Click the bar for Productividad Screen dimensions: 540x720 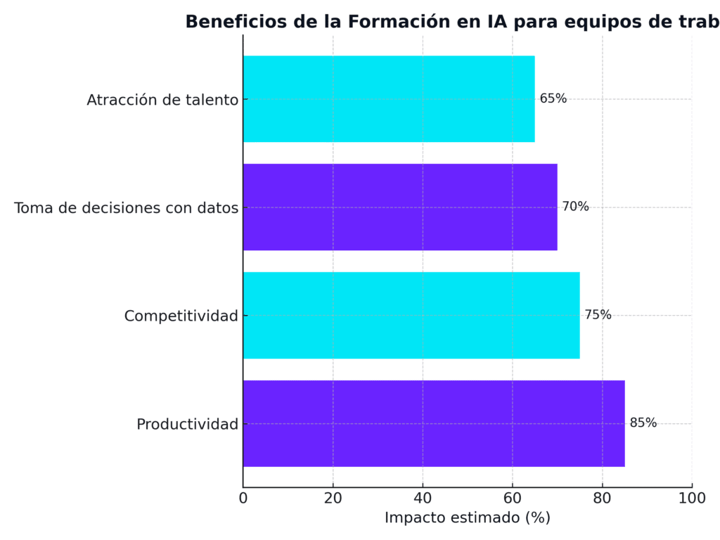coord(434,423)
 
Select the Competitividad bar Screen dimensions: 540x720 coord(411,315)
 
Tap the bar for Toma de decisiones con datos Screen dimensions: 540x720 coord(400,207)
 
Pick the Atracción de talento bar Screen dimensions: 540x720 coord(389,98)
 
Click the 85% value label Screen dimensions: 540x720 coord(643,423)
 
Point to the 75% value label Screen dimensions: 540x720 coord(598,315)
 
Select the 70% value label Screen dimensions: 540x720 coord(575,207)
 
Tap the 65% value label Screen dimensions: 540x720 coord(553,98)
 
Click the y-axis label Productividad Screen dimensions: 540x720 coord(187,425)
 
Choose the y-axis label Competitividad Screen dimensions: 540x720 coord(181,316)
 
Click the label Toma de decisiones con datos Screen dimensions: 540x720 coord(127,208)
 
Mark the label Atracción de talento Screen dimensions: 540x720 coord(162,100)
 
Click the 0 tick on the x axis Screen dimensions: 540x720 coord(243,499)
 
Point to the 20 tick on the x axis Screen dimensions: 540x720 coord(333,499)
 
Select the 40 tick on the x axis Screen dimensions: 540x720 coord(423,499)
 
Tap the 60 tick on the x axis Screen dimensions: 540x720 coord(513,499)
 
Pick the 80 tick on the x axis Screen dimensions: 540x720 coord(602,499)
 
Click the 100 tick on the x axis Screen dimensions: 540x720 coord(692,499)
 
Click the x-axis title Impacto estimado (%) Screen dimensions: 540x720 coord(467,518)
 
